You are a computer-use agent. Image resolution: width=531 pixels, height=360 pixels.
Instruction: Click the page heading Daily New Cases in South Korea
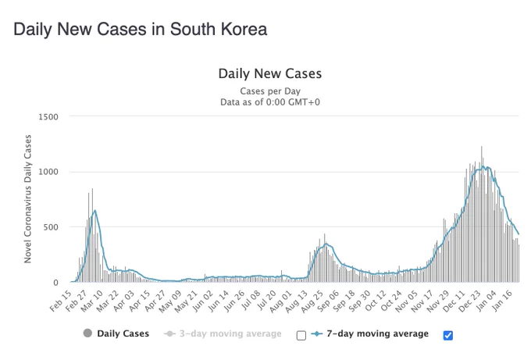[141, 29]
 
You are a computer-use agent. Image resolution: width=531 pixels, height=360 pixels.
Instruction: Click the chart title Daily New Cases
[270, 73]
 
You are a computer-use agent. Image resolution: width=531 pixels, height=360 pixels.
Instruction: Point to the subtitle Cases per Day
[270, 91]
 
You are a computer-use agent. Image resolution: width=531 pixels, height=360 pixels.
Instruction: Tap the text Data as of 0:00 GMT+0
[270, 102]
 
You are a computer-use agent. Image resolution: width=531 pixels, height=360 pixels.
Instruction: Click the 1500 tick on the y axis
[48, 117]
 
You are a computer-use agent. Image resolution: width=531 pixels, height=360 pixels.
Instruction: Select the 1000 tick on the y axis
[48, 172]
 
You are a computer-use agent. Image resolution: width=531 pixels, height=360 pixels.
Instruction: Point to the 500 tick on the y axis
[51, 227]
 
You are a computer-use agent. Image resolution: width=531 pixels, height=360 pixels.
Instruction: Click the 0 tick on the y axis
[56, 283]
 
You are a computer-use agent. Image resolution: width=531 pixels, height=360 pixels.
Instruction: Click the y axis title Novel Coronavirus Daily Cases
[28, 199]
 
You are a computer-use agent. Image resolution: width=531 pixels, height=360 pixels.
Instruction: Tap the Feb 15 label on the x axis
[61, 301]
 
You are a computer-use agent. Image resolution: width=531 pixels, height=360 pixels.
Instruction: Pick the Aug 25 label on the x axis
[312, 301]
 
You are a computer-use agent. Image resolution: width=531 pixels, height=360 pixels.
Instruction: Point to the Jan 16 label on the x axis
[503, 301]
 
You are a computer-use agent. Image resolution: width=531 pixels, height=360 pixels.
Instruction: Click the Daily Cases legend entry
[116, 333]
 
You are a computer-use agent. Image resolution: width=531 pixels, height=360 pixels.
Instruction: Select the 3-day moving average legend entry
[223, 334]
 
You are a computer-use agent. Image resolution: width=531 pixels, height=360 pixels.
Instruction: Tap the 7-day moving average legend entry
[369, 334]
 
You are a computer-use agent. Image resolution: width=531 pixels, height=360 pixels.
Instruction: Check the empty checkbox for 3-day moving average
[301, 335]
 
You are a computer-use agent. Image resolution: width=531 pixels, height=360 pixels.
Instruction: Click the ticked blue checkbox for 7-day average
[448, 335]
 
